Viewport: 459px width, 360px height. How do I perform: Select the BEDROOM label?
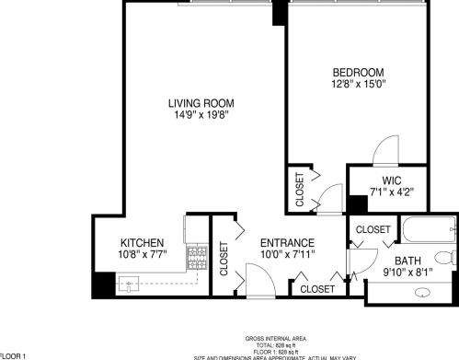(x=359, y=72)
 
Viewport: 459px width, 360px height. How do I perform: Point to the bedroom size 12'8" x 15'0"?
(x=359, y=85)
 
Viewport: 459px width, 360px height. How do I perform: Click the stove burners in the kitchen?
(x=197, y=254)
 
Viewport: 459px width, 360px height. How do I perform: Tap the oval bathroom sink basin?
(x=424, y=294)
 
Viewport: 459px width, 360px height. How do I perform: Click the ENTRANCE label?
(x=283, y=242)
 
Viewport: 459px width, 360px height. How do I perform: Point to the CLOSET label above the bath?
(x=373, y=228)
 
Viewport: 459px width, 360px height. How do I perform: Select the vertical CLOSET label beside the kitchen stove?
(x=224, y=260)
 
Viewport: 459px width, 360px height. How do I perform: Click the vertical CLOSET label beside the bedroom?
(x=299, y=188)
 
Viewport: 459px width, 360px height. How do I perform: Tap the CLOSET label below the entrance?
(x=317, y=289)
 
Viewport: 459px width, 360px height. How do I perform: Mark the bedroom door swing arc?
(x=384, y=150)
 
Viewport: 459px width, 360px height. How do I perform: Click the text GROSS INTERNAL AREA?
(x=275, y=339)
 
